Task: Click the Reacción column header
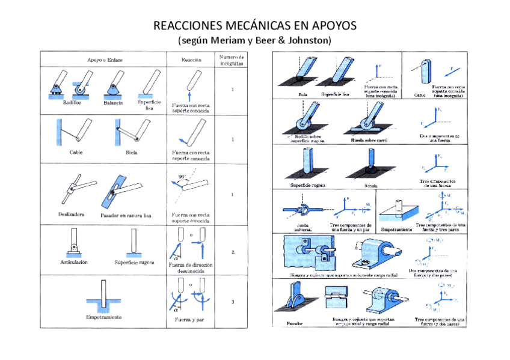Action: (x=191, y=59)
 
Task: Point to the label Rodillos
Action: (x=63, y=103)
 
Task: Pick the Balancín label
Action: (x=112, y=103)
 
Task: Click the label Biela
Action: (x=131, y=153)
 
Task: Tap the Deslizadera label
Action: (x=72, y=214)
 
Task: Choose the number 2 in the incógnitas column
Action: (x=232, y=252)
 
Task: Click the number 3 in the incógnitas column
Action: (x=232, y=302)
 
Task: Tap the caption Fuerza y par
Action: (x=189, y=320)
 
